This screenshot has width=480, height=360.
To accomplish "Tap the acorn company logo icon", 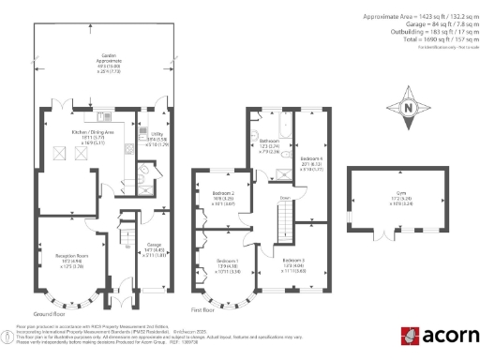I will (x=409, y=336).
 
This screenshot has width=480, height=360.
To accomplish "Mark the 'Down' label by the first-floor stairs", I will (x=284, y=198).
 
